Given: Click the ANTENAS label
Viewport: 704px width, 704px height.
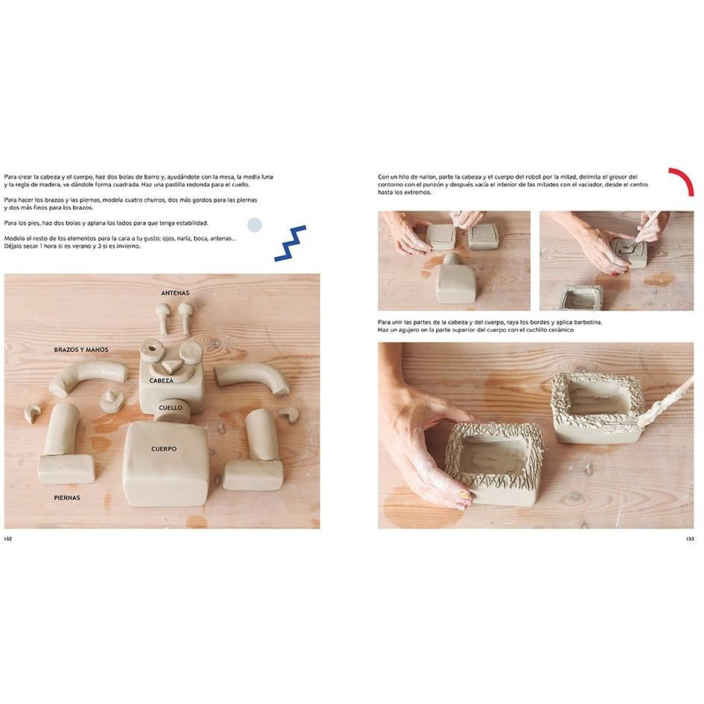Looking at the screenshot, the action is (x=175, y=293).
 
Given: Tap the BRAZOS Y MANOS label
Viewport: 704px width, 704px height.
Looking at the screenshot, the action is (x=81, y=350).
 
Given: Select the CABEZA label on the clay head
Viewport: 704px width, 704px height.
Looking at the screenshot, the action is (x=161, y=381).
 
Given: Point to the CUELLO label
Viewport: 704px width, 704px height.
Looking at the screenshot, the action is (x=170, y=408).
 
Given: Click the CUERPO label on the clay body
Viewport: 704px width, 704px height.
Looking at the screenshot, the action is (x=164, y=449).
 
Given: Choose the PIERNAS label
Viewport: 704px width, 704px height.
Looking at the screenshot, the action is (x=67, y=497).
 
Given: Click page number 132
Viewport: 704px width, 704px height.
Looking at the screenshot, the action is (x=8, y=539).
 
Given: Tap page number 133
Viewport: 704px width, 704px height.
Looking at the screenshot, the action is (x=690, y=539).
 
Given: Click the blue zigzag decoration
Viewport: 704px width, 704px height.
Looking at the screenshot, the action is (x=290, y=244).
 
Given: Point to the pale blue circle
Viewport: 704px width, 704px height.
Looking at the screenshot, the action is (x=255, y=225).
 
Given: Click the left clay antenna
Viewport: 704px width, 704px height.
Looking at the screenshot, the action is (x=162, y=318).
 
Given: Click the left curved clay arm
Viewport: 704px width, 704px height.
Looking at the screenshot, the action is (x=86, y=377).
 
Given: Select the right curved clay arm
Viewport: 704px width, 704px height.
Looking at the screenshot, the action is (x=257, y=377).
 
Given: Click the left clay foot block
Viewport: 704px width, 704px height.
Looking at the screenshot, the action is (x=66, y=469).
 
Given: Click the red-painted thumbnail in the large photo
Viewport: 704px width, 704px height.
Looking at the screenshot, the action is (x=463, y=496).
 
